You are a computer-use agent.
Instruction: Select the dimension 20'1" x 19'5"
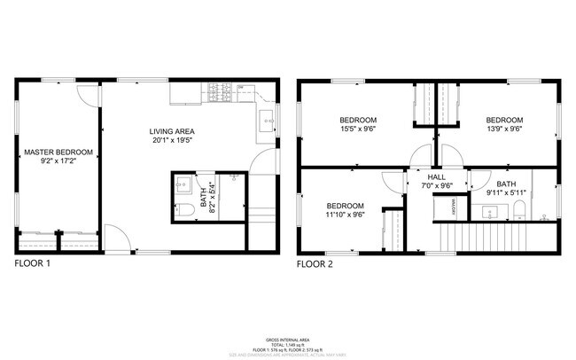click(x=173, y=139)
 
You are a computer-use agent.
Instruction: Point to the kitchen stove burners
click(x=220, y=90)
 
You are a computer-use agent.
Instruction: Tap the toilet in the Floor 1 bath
click(x=186, y=210)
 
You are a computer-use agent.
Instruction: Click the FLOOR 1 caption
click(x=33, y=263)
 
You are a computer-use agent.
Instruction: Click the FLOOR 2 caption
click(x=315, y=263)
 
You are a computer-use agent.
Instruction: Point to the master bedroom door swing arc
click(x=84, y=94)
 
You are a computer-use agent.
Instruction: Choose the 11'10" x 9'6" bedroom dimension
click(x=345, y=215)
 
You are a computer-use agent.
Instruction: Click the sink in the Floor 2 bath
click(x=489, y=212)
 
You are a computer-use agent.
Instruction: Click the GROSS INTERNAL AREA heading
click(x=288, y=340)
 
